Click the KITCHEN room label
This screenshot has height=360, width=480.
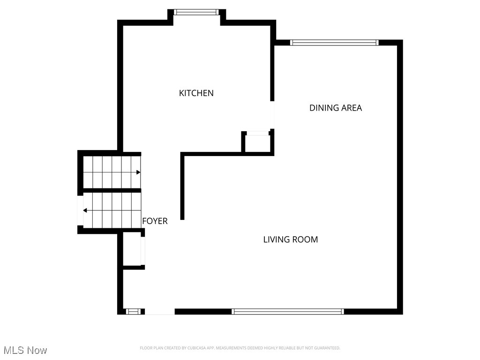pyautogui.click(x=196, y=93)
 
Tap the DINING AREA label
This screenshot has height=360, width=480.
pyautogui.click(x=335, y=108)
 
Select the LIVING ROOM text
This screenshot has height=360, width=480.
pyautogui.click(x=290, y=240)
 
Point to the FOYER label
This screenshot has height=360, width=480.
pyautogui.click(x=155, y=221)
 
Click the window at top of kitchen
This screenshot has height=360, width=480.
pyautogui.click(x=196, y=12)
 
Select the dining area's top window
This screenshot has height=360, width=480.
pyautogui.click(x=334, y=43)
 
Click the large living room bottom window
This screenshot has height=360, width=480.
pyautogui.click(x=288, y=311)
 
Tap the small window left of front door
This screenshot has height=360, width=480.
pyautogui.click(x=133, y=311)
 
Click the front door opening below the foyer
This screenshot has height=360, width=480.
pyautogui.click(x=159, y=312)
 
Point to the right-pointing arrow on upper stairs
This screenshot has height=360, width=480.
pyautogui.click(x=138, y=172)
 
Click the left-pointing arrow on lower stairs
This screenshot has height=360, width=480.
pyautogui.click(x=85, y=210)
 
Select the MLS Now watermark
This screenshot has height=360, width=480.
pyautogui.click(x=25, y=350)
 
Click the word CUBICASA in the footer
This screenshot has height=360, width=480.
pyautogui.click(x=189, y=348)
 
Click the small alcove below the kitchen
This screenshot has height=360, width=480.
pyautogui.click(x=258, y=143)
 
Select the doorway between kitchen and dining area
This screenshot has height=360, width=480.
pyautogui.click(x=272, y=115)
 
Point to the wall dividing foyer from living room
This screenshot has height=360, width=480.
pyautogui.click(x=182, y=187)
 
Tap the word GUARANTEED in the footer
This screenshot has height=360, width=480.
pyautogui.click(x=327, y=348)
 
